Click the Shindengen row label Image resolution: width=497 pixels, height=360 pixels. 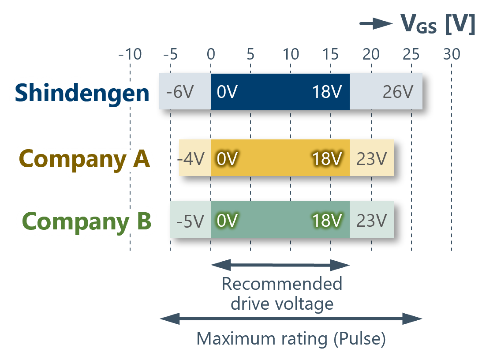tap(82, 93)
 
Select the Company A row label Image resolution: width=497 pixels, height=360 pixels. tap(85, 159)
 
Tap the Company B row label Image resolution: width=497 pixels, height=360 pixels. tap(87, 221)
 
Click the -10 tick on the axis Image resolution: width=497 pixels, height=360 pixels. tap(130, 55)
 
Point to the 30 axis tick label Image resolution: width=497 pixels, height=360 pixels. tap(451, 55)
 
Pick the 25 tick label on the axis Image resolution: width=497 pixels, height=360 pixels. tap(411, 55)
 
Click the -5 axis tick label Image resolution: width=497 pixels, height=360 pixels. tap(170, 55)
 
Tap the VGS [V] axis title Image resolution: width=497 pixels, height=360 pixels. tap(437, 24)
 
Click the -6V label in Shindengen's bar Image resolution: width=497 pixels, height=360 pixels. tap(180, 93)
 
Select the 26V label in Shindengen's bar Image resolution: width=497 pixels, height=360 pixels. tap(398, 93)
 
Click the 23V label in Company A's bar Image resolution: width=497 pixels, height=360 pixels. tap(371, 159)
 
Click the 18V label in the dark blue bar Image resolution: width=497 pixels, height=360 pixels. tap(327, 93)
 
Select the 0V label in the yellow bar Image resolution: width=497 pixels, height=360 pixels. tap(227, 159)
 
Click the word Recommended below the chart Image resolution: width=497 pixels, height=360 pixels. tap(282, 284)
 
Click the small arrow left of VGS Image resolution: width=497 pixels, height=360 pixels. tap(376, 23)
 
